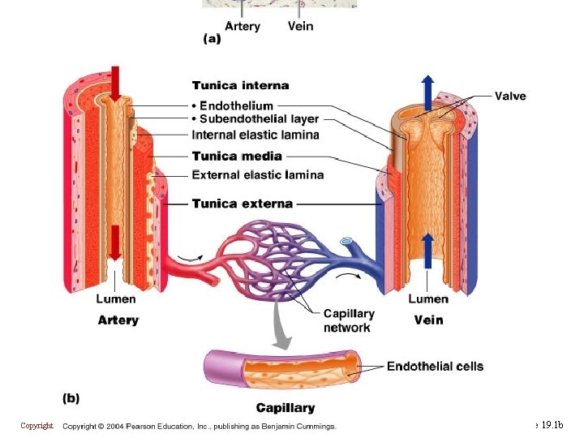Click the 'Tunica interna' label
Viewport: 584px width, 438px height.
click(x=240, y=85)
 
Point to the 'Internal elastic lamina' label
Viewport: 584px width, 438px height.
click(x=255, y=135)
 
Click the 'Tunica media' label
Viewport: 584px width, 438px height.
click(x=237, y=156)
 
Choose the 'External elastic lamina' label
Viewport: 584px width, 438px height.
click(x=258, y=174)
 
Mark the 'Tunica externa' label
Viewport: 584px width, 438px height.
click(x=243, y=204)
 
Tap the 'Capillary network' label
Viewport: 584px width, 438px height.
click(x=348, y=320)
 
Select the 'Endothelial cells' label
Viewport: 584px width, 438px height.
click(x=435, y=367)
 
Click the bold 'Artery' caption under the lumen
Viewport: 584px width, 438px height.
click(x=118, y=320)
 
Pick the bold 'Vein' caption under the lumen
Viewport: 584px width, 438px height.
click(x=428, y=320)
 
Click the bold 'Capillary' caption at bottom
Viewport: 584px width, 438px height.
click(x=286, y=407)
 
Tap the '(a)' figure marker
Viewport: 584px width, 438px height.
click(x=211, y=38)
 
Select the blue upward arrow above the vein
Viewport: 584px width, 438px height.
click(x=428, y=87)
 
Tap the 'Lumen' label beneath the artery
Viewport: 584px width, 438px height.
click(x=117, y=299)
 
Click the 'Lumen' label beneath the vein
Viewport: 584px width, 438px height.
click(x=428, y=299)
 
